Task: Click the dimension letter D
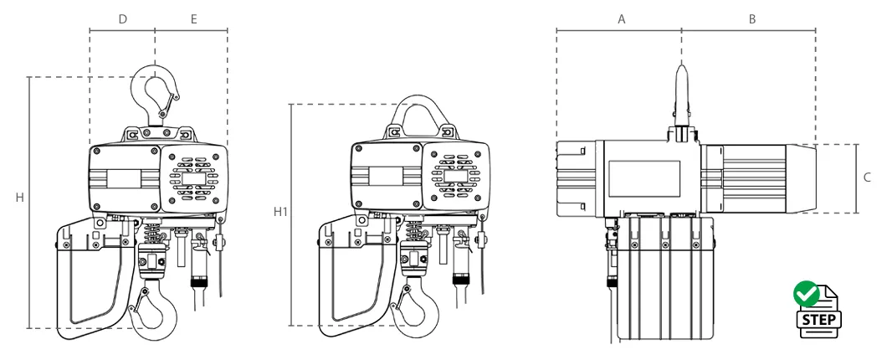(x=123, y=19)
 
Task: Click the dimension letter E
(x=193, y=19)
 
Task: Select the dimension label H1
(x=280, y=212)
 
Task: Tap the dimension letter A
(x=621, y=19)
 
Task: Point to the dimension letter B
(x=751, y=19)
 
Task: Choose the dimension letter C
(x=867, y=177)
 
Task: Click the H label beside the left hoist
(x=20, y=198)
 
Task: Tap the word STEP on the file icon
(x=818, y=320)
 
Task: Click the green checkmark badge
(x=806, y=294)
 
